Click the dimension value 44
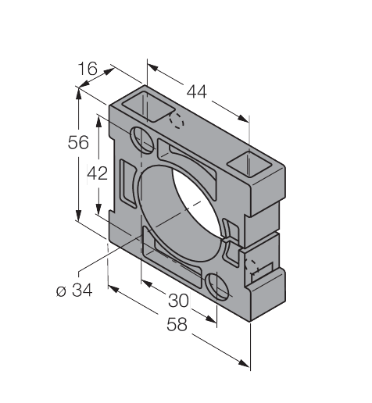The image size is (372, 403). point(197,92)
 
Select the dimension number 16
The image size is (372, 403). point(88,70)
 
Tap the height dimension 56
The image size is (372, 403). point(78,142)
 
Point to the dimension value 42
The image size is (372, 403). point(97,173)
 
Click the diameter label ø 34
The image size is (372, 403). point(74,291)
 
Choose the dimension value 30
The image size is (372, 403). point(178,300)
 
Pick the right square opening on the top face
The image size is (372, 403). point(249,164)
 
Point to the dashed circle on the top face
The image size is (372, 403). point(177,121)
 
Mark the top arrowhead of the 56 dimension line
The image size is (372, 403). point(78,91)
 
